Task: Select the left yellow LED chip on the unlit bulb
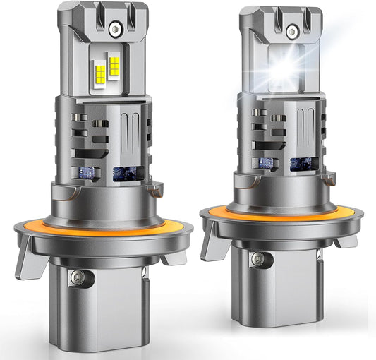(99, 70)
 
